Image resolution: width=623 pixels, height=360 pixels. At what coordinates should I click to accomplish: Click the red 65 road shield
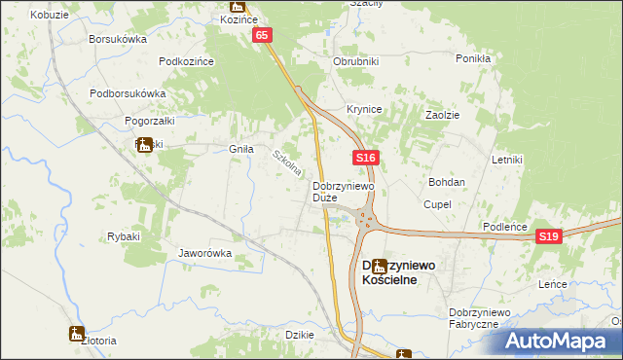(x=263, y=35)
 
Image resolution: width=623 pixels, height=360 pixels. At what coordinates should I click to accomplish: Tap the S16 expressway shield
(x=365, y=158)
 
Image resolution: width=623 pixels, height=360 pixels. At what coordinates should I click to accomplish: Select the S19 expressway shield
(x=549, y=236)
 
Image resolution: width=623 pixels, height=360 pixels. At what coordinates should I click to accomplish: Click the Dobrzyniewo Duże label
(x=338, y=191)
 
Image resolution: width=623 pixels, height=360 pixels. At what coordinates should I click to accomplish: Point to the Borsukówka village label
(x=117, y=40)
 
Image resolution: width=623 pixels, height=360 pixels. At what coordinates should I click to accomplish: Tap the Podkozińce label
(x=186, y=61)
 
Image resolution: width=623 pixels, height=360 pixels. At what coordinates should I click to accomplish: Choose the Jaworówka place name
(x=204, y=253)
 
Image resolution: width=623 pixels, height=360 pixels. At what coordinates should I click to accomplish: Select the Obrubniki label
(x=355, y=61)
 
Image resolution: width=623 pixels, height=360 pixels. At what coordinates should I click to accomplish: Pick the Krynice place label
(x=365, y=109)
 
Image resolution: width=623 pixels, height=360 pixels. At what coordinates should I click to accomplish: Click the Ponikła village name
(x=472, y=58)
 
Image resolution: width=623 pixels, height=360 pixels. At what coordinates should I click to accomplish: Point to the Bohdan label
(x=447, y=182)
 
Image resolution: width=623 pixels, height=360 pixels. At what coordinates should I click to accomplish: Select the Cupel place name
(x=436, y=205)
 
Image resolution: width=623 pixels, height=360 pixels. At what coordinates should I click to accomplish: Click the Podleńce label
(x=505, y=227)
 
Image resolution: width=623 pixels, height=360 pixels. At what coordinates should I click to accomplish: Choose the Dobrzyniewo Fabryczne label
(x=474, y=317)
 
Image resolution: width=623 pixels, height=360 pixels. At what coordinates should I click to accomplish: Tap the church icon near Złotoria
(x=77, y=334)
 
